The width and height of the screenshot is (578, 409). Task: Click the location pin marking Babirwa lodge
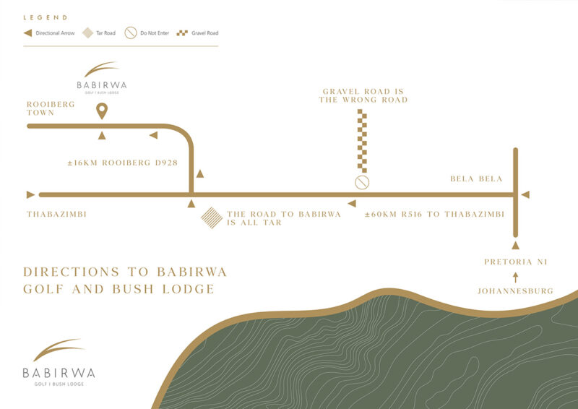click(x=102, y=111)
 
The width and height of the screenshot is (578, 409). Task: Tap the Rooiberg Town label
click(x=51, y=108)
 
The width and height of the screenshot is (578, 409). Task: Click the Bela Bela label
click(x=475, y=178)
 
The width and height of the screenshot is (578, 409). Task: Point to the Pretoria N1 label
click(x=514, y=262)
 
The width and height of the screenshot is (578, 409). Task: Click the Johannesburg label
click(x=515, y=291)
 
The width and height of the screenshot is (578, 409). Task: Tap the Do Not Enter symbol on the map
click(x=362, y=182)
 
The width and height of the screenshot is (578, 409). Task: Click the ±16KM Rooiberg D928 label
click(x=122, y=163)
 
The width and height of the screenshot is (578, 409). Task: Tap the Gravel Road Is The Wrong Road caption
click(x=363, y=95)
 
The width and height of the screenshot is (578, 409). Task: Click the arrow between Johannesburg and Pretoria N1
click(x=515, y=277)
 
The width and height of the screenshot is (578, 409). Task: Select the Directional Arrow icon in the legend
click(x=27, y=33)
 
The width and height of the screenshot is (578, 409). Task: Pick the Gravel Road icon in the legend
click(x=184, y=33)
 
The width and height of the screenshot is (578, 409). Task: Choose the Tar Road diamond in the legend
click(x=87, y=33)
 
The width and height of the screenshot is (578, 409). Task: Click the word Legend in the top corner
click(x=46, y=17)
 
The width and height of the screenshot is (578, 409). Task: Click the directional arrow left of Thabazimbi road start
click(x=30, y=194)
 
